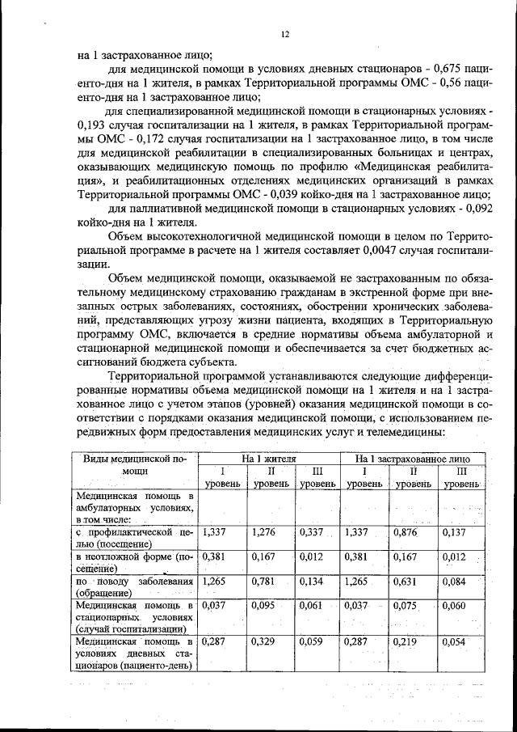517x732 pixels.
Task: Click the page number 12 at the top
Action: click(x=284, y=34)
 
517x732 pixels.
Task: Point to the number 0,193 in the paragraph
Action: click(x=91, y=125)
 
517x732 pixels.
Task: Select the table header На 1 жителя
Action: click(x=269, y=458)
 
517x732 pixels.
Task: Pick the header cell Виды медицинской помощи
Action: click(x=134, y=463)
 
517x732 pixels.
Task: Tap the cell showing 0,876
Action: click(x=405, y=531)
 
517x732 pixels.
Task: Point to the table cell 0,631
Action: click(x=405, y=581)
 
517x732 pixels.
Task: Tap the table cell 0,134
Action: click(x=311, y=581)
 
